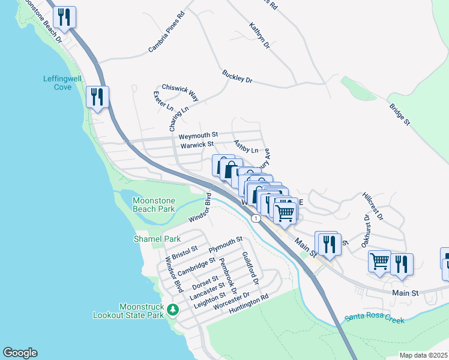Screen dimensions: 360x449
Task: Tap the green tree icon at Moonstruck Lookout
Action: click(173, 310)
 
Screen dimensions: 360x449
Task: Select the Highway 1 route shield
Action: click(256, 218)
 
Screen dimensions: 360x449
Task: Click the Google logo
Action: click(20, 353)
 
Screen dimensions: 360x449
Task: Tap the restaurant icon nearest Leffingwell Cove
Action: click(97, 97)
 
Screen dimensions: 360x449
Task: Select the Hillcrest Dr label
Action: click(373, 206)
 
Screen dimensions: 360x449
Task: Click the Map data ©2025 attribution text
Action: click(423, 355)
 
